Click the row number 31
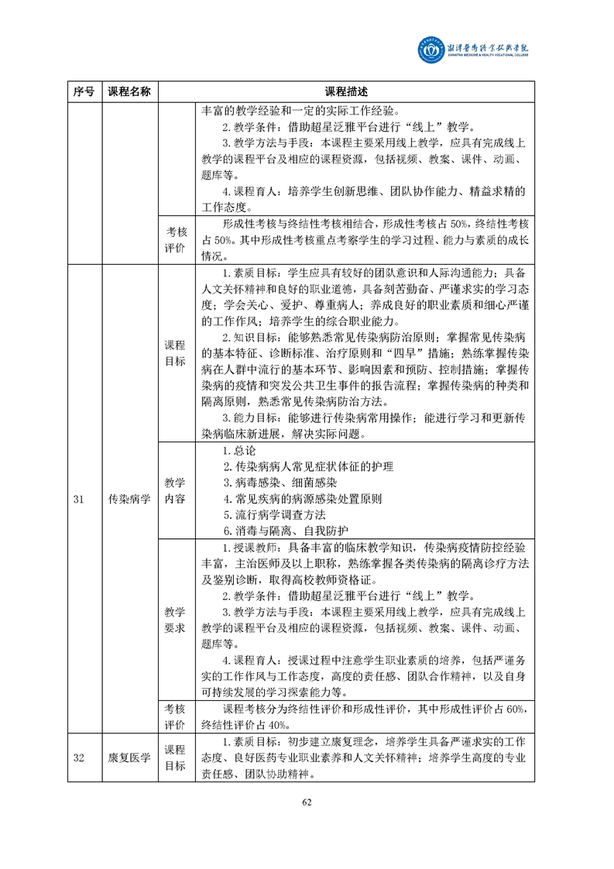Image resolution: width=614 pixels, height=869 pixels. tap(78, 499)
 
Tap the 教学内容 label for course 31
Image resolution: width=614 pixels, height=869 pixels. tap(176, 490)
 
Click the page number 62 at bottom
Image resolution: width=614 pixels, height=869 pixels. tap(307, 802)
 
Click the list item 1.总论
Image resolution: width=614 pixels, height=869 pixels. tap(238, 450)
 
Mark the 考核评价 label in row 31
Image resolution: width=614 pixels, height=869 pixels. tap(176, 716)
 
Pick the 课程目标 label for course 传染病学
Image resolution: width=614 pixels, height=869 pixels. tap(176, 354)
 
